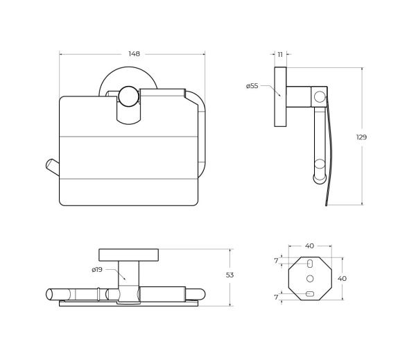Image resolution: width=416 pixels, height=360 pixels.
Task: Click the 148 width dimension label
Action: point(134,54)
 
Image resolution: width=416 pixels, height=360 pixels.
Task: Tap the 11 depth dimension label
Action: point(280,54)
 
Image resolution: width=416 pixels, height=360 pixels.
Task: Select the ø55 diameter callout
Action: point(252,86)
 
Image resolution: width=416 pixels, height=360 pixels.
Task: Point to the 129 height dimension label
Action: point(361,137)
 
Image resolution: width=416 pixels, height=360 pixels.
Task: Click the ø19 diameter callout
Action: point(97,270)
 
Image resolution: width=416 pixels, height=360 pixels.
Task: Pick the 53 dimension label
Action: point(229,275)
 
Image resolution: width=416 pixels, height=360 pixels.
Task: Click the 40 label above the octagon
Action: point(309,246)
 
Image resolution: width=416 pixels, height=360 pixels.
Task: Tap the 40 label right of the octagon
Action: point(342,278)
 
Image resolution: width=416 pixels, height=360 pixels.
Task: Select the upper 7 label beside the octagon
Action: point(276,261)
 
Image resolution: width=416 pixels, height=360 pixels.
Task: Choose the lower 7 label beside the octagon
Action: point(276,297)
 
